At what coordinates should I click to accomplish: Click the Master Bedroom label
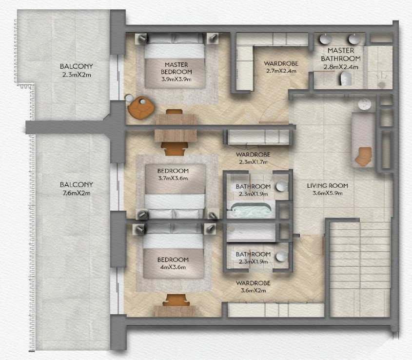click(x=177, y=68)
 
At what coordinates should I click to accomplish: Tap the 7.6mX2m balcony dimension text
click(x=77, y=193)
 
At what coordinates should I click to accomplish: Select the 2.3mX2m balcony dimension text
click(x=77, y=75)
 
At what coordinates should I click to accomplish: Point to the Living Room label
click(x=328, y=186)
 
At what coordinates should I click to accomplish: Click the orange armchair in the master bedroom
click(x=140, y=108)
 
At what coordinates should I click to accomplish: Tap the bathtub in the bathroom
click(x=249, y=210)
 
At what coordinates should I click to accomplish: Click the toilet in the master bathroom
click(x=346, y=78)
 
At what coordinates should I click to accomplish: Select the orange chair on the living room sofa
click(x=363, y=157)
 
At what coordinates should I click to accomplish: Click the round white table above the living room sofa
click(x=365, y=104)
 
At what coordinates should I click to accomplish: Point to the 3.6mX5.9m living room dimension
click(x=328, y=193)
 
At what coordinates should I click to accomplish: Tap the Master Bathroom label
click(x=341, y=55)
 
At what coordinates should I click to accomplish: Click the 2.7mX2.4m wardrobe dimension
click(x=281, y=71)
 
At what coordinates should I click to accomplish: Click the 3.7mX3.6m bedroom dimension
click(x=173, y=178)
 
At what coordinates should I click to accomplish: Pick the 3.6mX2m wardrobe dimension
click(x=253, y=291)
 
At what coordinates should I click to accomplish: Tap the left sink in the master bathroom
click(x=326, y=39)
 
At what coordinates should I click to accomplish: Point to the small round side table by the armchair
click(x=129, y=99)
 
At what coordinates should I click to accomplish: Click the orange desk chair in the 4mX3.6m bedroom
click(x=176, y=300)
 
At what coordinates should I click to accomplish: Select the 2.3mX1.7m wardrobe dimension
click(x=253, y=162)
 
